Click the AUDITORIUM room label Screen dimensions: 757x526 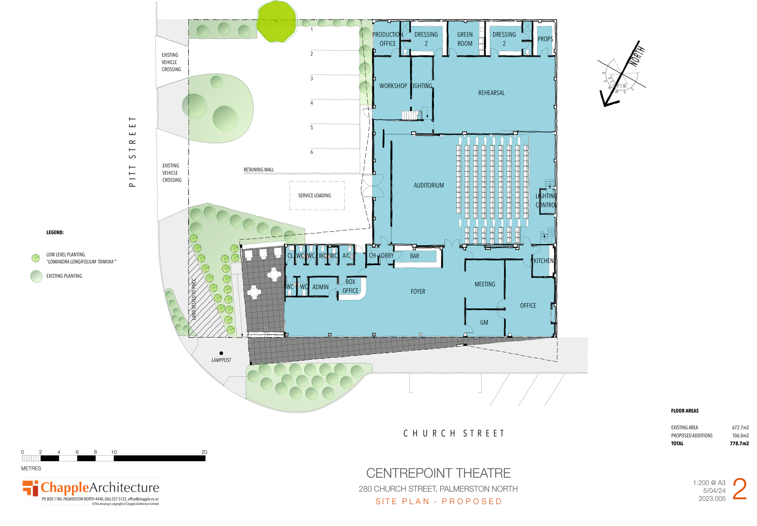(x=429, y=186)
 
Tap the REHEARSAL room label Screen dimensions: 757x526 (x=491, y=93)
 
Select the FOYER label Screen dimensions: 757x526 (x=418, y=292)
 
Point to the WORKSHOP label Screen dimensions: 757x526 (x=393, y=86)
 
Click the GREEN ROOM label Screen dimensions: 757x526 (x=465, y=39)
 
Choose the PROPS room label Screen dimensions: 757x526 (x=545, y=39)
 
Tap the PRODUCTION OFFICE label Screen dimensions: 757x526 (x=388, y=39)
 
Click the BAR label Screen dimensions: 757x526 (x=415, y=256)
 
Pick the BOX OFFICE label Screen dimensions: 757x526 (x=350, y=286)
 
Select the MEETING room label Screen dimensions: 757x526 (x=485, y=284)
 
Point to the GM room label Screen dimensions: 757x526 (x=484, y=323)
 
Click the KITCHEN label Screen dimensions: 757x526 (x=544, y=261)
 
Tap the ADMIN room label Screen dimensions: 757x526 (x=320, y=287)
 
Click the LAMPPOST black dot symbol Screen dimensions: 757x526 (x=221, y=353)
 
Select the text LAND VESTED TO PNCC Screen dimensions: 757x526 (x=194, y=299)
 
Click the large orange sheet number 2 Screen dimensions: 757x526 (x=739, y=489)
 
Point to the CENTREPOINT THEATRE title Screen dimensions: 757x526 (x=438, y=473)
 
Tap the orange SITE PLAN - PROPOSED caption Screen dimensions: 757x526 (x=439, y=501)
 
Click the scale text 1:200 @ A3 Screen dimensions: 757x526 (x=709, y=483)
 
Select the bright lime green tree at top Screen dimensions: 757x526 (x=276, y=22)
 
